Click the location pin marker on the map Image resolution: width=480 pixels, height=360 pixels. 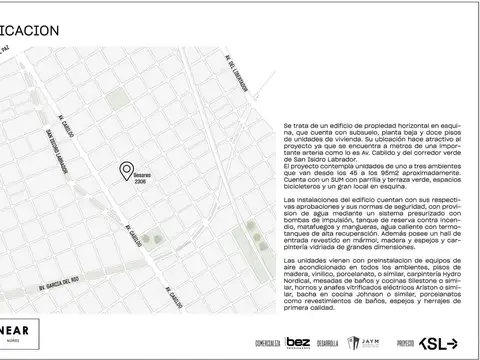tap(126, 171)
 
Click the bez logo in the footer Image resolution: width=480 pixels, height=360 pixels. tap(298, 342)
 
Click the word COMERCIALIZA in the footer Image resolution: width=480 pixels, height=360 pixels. tap(268, 343)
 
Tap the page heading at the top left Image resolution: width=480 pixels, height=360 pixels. tap(29, 31)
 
